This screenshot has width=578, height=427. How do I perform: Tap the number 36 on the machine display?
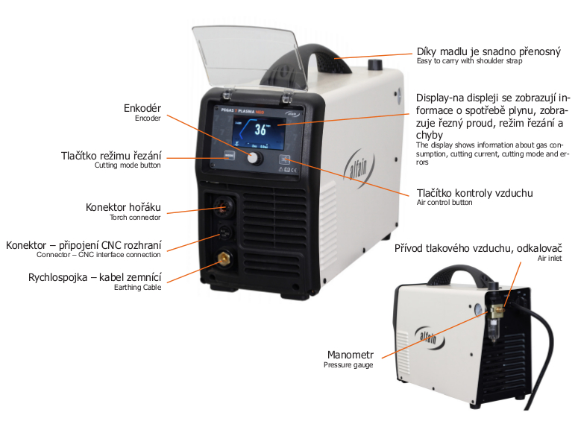tap(261, 129)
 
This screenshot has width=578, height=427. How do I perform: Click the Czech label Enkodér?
tap(143, 108)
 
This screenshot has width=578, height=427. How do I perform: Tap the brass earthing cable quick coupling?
tap(222, 261)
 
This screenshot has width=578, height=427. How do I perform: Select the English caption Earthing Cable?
tap(139, 288)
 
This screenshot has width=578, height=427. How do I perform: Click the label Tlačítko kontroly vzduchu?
tap(474, 193)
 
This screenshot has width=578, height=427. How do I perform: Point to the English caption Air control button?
tap(445, 203)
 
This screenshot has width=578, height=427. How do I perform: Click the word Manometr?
tap(349, 354)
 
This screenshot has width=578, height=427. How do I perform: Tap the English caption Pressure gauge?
tap(348, 364)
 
